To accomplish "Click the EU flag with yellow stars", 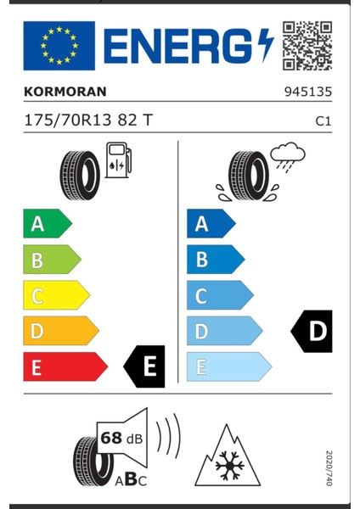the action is click(59, 46).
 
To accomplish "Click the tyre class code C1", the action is click(323, 121).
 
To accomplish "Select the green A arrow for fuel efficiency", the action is click(47, 224).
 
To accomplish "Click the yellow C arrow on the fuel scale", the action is click(55, 296).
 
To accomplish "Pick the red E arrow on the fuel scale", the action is click(65, 367).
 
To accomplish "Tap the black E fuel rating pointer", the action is click(145, 366).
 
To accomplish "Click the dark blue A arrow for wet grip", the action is click(211, 224).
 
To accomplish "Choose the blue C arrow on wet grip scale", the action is click(219, 296).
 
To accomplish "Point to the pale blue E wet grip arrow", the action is click(228, 367).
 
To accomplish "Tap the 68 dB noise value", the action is click(120, 438).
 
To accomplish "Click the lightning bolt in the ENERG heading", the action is click(265, 44).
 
